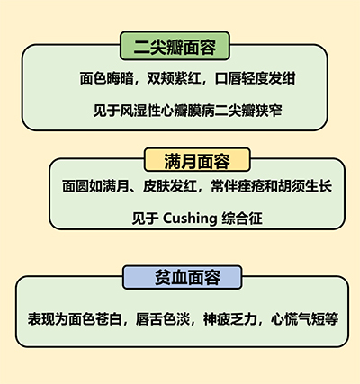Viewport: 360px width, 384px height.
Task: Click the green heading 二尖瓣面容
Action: (x=175, y=47)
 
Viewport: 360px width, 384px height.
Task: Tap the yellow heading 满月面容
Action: (x=197, y=161)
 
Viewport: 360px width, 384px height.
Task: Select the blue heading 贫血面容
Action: (x=188, y=277)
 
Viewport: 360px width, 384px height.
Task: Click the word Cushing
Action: (x=190, y=219)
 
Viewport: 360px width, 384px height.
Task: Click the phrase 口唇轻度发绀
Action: (x=256, y=78)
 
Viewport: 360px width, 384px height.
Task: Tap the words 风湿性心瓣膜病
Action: (x=167, y=111)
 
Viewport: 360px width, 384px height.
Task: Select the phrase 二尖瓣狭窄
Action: (x=248, y=111)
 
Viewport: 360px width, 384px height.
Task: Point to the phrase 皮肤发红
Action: (x=170, y=186)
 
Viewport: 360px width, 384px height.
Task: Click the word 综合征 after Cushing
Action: (x=242, y=219)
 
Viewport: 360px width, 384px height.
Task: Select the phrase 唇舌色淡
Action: (x=163, y=319)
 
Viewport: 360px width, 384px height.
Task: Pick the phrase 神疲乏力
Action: (x=230, y=319)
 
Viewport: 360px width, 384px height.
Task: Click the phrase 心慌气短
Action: (x=298, y=319)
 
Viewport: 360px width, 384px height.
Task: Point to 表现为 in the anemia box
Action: (x=48, y=319)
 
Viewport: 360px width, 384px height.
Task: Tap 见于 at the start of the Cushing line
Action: (x=146, y=219)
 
